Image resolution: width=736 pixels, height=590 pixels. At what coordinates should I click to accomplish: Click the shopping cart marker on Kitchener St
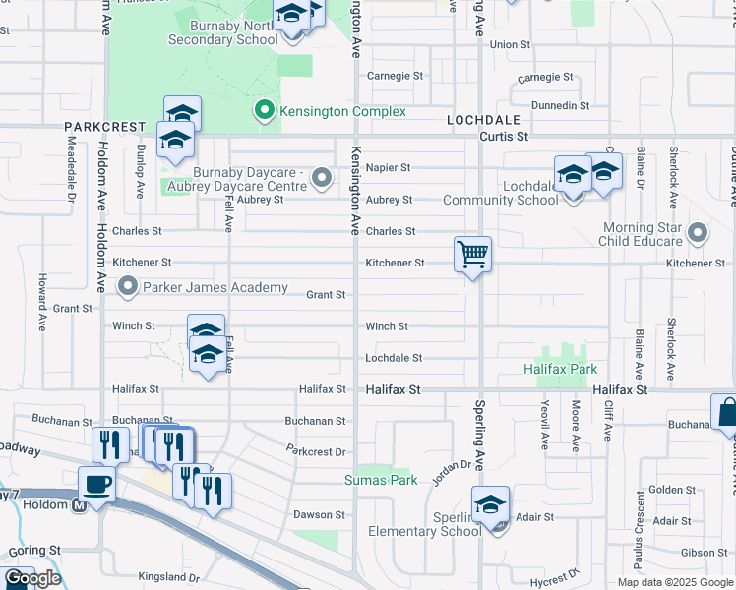pos(473,255)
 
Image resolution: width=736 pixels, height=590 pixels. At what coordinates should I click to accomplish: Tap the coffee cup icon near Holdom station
pos(97,484)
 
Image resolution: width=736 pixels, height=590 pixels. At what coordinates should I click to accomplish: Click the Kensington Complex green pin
pos(264,110)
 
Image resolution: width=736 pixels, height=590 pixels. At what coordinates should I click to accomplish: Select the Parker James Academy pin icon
pos(128,287)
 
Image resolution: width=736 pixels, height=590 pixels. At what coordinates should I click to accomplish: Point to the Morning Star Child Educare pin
pos(698,233)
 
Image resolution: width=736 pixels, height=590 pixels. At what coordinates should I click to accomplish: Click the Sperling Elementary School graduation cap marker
pos(490,505)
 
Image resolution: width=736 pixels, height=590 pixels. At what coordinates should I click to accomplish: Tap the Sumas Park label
pos(381,480)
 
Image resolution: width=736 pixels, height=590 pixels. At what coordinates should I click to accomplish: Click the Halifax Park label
pos(560,369)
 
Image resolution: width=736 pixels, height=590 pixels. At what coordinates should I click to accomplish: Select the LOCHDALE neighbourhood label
pos(476,118)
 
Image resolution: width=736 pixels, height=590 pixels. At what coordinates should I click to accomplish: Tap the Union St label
pos(510,45)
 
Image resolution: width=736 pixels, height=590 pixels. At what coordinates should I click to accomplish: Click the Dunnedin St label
pos(559,105)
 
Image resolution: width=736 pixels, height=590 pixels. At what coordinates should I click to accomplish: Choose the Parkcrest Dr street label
pos(316,452)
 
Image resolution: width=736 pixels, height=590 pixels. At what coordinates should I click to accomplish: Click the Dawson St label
pos(320,514)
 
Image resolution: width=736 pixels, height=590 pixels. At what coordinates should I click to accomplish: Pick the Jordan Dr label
pos(453,470)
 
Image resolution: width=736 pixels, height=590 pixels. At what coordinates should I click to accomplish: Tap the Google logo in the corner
pos(32,579)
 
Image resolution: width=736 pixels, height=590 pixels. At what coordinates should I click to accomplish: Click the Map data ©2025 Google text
pos(674,582)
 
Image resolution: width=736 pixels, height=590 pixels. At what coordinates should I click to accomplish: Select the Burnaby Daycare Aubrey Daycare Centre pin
pos(321,179)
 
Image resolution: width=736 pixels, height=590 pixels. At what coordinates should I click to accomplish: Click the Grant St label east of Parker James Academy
pos(325,295)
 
